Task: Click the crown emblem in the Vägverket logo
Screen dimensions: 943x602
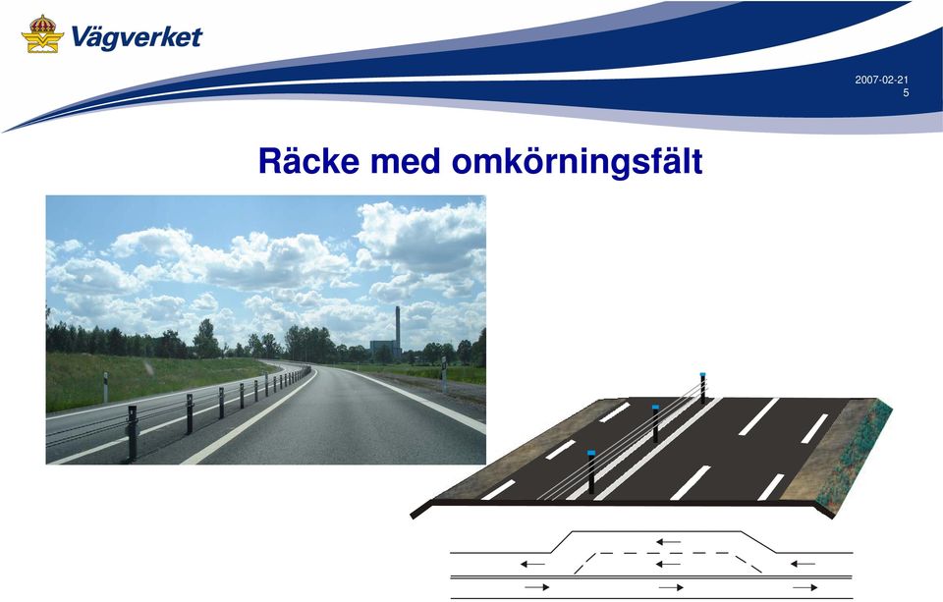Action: click(42, 33)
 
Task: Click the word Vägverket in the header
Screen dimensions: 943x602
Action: click(137, 37)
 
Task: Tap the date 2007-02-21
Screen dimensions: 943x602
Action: click(882, 80)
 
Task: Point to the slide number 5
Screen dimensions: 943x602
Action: click(906, 92)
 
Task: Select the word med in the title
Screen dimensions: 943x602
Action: click(405, 161)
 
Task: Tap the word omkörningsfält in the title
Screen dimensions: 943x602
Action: click(577, 161)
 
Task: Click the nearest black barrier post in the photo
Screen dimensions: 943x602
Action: click(133, 433)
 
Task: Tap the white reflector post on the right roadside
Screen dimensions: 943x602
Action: click(444, 374)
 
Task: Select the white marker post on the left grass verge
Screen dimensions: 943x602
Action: click(106, 387)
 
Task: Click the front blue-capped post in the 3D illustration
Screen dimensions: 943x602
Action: click(591, 472)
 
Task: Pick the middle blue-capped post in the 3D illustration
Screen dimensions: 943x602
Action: click(655, 423)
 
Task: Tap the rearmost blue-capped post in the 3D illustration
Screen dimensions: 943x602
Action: click(702, 388)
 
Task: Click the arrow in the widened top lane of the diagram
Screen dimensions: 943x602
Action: click(668, 542)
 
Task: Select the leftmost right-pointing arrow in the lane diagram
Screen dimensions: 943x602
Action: click(537, 587)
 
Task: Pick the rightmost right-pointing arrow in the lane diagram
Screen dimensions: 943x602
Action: click(804, 587)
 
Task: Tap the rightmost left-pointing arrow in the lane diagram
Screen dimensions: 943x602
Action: click(803, 564)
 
